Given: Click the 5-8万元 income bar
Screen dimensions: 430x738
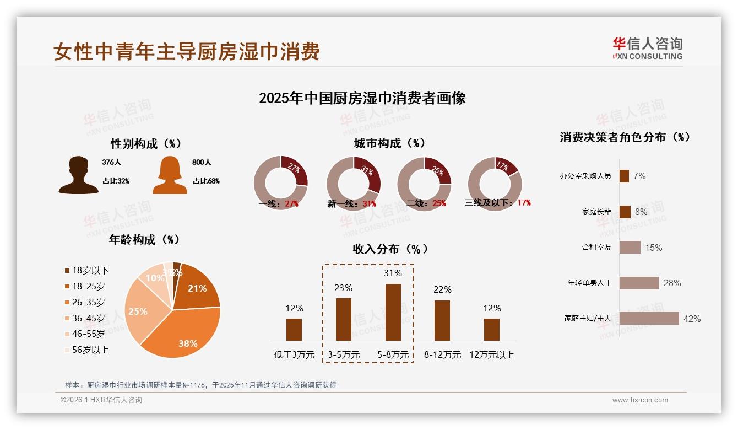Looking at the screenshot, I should click(393, 312).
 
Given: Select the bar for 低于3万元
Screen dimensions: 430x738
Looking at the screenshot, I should click(294, 329).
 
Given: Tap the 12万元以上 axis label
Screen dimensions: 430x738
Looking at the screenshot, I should click(491, 355).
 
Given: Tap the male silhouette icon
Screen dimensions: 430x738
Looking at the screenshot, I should click(78, 175).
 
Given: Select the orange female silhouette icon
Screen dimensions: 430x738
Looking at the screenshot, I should click(170, 175).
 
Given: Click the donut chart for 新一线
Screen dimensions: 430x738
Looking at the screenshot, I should click(353, 184).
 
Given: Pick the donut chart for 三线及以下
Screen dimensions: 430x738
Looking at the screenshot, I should click(494, 184).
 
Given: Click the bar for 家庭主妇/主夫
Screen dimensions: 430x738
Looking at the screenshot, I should click(649, 318).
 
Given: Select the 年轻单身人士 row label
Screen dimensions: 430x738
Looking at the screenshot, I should click(589, 283).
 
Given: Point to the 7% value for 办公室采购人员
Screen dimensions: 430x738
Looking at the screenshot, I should click(639, 176).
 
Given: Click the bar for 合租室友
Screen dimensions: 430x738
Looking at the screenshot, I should click(630, 247).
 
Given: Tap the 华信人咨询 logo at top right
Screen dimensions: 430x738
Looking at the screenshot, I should click(647, 48).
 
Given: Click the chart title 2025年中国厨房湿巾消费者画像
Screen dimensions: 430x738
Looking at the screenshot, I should click(362, 98).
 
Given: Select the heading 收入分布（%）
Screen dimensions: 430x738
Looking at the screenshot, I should click(390, 249).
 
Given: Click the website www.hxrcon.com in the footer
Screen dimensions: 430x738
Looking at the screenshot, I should click(639, 400).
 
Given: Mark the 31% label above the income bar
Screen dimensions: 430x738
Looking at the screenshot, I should click(393, 273).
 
